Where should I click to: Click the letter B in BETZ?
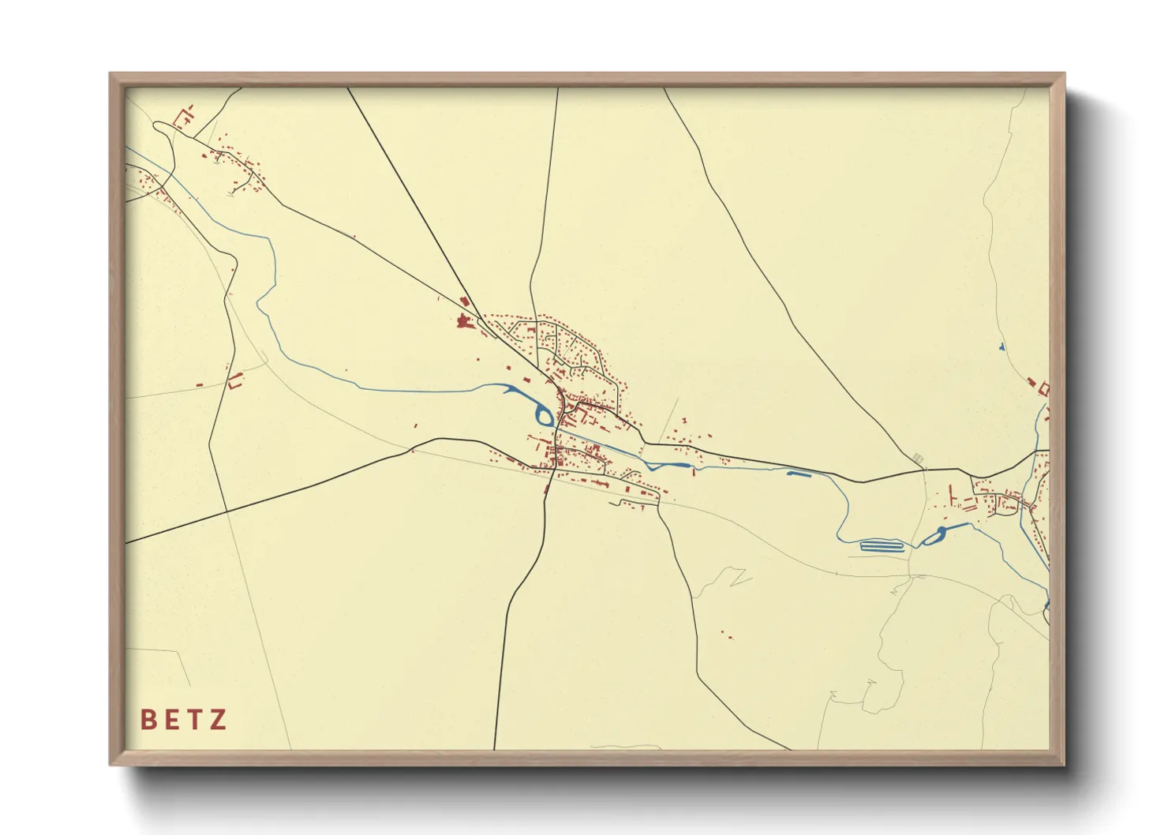pyautogui.click(x=148, y=719)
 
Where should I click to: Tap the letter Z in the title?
pyautogui.click(x=219, y=719)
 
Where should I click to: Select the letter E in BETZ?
pyautogui.click(x=171, y=719)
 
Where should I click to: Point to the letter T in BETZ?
pyautogui.click(x=194, y=719)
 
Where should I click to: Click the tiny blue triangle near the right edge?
pyautogui.click(x=1001, y=346)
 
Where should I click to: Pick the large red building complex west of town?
pyautogui.click(x=463, y=320)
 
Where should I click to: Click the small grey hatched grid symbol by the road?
pyautogui.click(x=917, y=458)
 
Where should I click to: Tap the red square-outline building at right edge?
pyautogui.click(x=1044, y=388)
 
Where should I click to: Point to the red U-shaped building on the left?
pyautogui.click(x=234, y=381)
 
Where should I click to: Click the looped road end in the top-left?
pyautogui.click(x=160, y=125)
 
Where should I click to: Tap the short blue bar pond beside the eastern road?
pyautogui.click(x=799, y=474)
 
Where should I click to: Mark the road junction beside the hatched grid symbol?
pyautogui.click(x=925, y=470)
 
